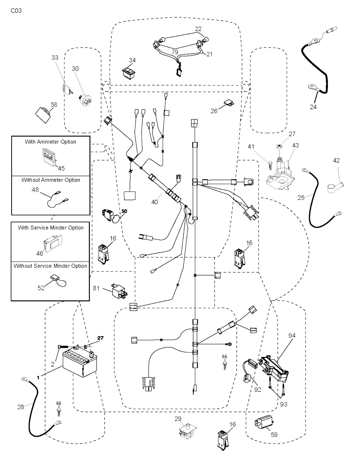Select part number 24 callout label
[313, 107]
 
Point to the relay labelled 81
[118, 290]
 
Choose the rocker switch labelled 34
[128, 72]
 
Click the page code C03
[16, 11]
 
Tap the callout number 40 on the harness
[155, 202]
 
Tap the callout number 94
[292, 335]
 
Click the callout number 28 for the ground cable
[21, 407]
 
